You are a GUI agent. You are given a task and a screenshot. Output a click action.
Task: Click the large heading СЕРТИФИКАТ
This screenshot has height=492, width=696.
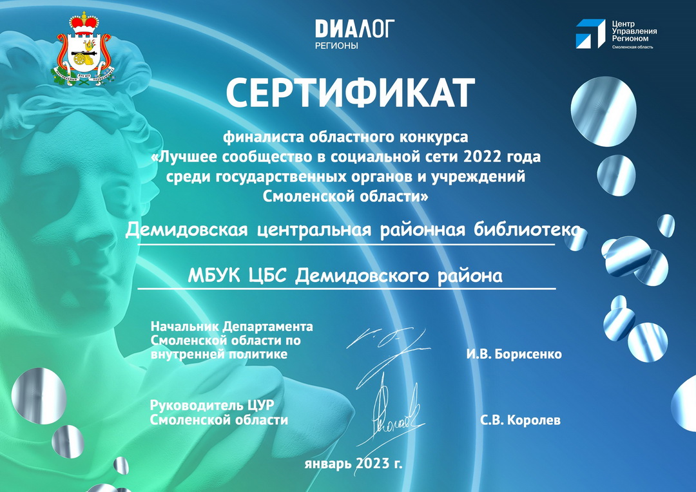click(350, 93)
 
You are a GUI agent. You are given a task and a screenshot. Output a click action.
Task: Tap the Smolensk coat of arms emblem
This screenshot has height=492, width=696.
click(84, 49)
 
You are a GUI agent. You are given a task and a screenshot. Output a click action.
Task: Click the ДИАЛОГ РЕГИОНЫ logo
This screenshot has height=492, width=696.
click(354, 33)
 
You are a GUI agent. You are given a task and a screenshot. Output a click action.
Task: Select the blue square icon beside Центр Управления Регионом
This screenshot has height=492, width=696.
click(590, 33)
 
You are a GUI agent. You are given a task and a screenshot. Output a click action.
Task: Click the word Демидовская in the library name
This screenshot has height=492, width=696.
click(186, 231)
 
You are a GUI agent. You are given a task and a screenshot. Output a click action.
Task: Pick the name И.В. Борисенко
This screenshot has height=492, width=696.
click(514, 354)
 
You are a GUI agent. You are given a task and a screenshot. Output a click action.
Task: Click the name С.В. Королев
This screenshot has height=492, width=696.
click(520, 420)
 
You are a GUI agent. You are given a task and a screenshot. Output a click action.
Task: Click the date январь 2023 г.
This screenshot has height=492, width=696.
click(353, 464)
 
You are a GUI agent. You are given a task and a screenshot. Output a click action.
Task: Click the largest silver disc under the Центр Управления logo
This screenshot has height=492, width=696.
click(603, 111)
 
